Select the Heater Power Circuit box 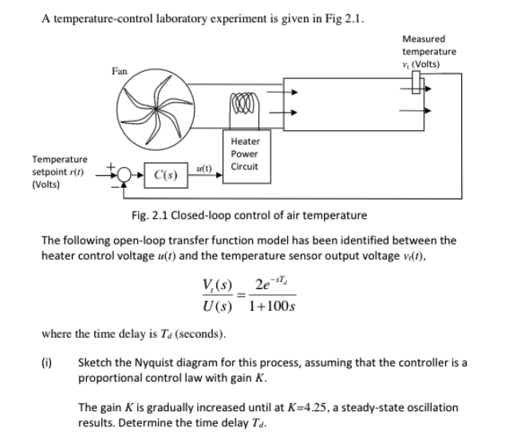click(x=243, y=153)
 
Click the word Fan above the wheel click(x=120, y=71)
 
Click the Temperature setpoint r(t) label click(x=60, y=171)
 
